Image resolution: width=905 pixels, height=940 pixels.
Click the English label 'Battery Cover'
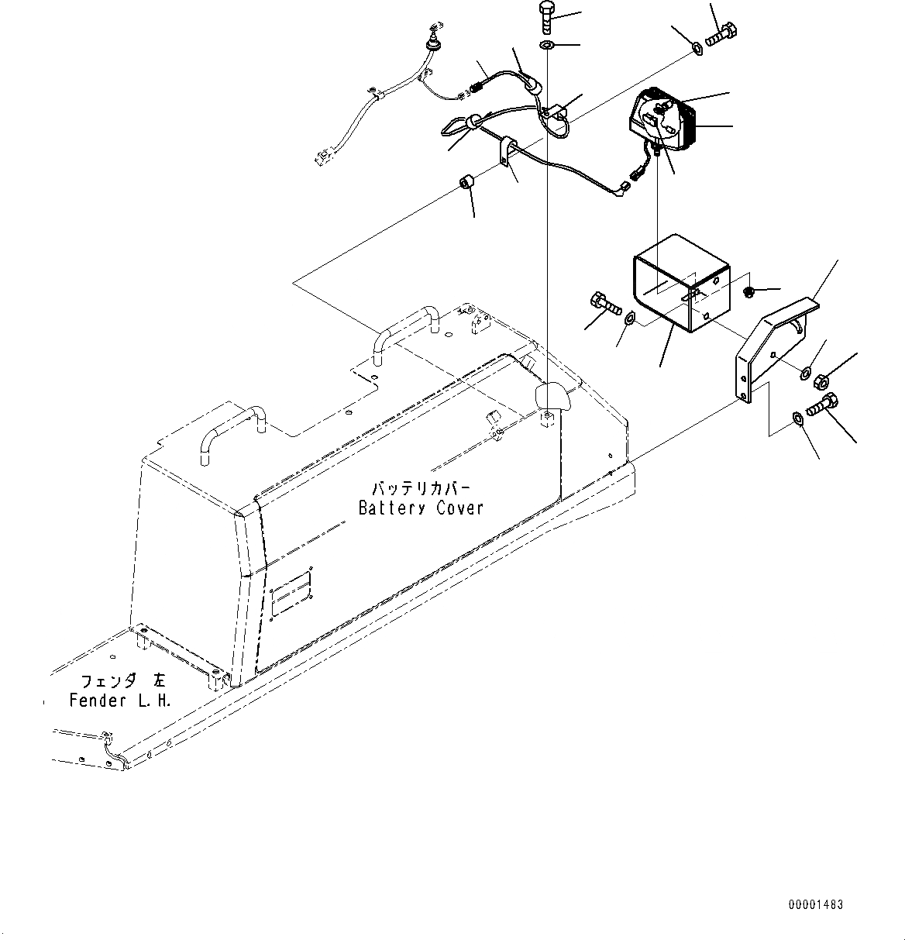coord(421,508)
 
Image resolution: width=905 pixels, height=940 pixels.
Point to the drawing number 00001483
coord(816,904)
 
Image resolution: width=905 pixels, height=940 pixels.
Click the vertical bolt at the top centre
coord(545,17)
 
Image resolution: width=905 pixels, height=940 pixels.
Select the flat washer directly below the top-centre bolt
coord(546,46)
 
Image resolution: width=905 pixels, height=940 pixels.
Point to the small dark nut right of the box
coord(749,292)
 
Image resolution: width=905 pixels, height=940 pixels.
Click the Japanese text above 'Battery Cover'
coord(421,488)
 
